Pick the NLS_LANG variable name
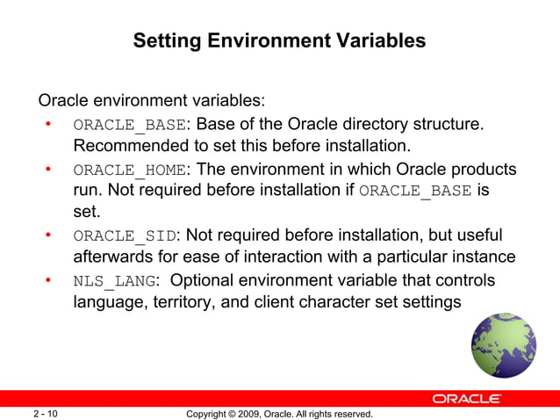[x=115, y=281]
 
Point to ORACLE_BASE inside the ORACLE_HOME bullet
[x=416, y=192]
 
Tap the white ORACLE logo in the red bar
[x=467, y=398]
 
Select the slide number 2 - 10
[x=46, y=413]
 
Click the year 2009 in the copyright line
[x=250, y=413]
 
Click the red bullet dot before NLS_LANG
[x=50, y=281]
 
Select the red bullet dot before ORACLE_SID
[x=50, y=236]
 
